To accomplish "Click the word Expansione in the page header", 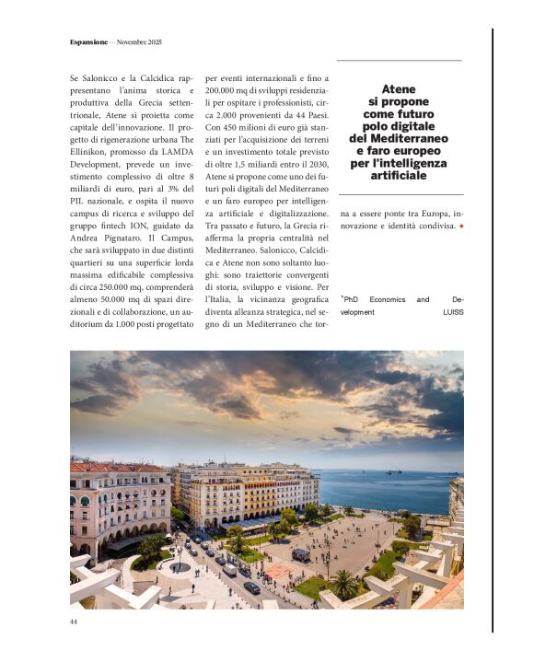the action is point(88,42).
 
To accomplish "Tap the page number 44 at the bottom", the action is point(74,622).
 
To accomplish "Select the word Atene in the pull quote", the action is point(399,89).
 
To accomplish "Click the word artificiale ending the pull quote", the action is point(399,174).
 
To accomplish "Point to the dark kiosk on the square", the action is point(301,554).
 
